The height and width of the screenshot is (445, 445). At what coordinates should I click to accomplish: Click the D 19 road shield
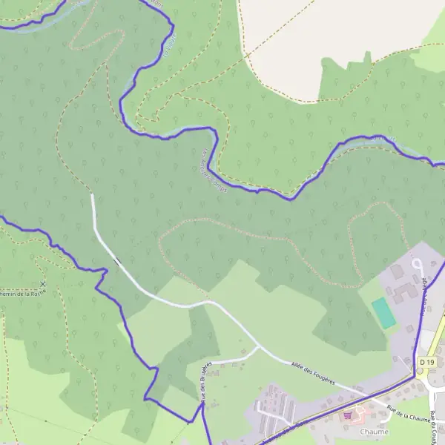(x=425, y=361)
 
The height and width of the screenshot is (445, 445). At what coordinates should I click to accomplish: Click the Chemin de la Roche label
(x=22, y=294)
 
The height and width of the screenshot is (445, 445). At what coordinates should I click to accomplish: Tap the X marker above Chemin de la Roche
(x=42, y=283)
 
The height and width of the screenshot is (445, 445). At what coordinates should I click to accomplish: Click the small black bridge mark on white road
(x=116, y=260)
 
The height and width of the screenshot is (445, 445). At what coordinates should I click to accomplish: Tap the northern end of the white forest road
(x=92, y=196)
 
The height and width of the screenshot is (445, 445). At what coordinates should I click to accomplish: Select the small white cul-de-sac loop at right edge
(x=417, y=264)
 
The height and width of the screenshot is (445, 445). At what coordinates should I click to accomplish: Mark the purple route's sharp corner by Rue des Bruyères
(x=201, y=404)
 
